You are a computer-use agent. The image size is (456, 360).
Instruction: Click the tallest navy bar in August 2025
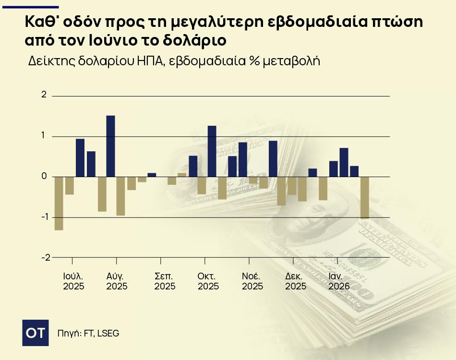110,146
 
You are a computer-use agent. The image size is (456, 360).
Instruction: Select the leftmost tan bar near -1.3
59,204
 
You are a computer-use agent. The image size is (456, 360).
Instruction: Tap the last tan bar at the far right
365,198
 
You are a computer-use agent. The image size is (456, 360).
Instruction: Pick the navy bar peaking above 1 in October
212,151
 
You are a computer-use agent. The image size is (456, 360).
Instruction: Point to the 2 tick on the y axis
44,96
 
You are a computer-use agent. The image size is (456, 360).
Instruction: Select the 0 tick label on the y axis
44,177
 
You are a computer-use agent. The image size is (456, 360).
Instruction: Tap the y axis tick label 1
44,136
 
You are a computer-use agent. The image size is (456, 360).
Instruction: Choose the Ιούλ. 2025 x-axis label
73,282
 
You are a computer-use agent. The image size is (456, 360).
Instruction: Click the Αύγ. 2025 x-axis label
117,282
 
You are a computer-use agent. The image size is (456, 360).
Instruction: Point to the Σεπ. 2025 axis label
165,282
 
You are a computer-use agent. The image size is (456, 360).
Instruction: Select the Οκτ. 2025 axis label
208,282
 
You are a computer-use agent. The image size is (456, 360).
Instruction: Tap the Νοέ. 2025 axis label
252,282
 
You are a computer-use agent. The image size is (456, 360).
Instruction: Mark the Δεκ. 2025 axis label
296,282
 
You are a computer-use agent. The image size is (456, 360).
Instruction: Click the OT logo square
36,332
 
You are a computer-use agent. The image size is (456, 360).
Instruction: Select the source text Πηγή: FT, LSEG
88,333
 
